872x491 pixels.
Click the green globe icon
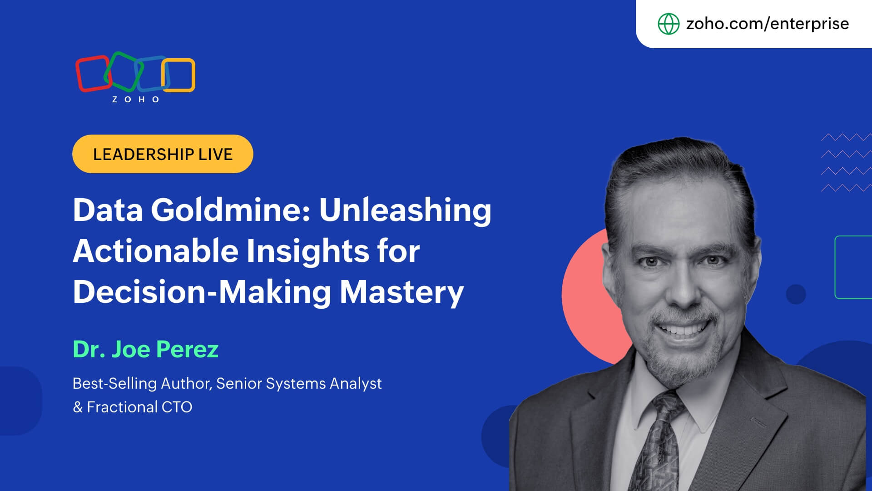[669, 24]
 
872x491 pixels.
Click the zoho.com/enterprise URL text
[767, 23]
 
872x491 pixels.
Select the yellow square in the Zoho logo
[178, 75]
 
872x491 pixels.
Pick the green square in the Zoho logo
[123, 72]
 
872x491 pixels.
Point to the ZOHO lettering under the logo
[136, 100]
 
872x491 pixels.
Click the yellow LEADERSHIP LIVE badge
[163, 154]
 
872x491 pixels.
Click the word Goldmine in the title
[231, 210]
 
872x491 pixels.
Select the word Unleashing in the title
[405, 211]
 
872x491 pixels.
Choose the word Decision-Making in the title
[202, 292]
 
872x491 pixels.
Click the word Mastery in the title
[402, 292]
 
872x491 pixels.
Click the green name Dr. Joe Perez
[146, 349]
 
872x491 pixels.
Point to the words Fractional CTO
[139, 407]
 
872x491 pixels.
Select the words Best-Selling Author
[142, 384]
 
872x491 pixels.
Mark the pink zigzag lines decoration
[846, 163]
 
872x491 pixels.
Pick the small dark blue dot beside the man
[796, 294]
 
